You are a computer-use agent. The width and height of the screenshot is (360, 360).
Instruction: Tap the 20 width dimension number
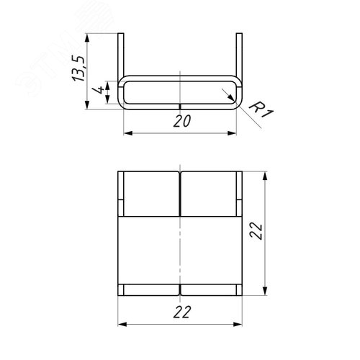tap(181, 122)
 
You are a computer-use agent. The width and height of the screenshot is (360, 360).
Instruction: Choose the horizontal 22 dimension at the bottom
tap(181, 311)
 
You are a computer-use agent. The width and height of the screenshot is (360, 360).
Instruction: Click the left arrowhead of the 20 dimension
tap(127, 133)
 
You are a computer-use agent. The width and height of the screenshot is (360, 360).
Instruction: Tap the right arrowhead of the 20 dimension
tap(234, 133)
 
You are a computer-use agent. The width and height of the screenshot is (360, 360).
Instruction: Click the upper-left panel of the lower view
tap(150, 194)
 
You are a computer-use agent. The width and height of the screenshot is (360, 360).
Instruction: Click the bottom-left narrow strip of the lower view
tap(149, 289)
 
